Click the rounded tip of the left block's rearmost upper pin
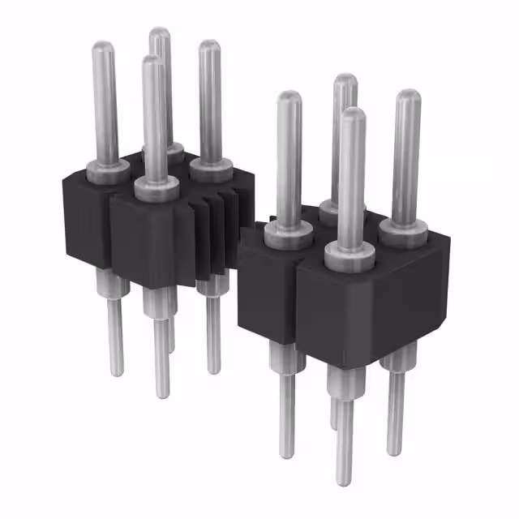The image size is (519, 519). point(160,34)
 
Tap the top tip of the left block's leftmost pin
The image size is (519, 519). point(103,47)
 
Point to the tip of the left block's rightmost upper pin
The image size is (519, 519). point(209,46)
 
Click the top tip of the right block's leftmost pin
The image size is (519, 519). point(289,97)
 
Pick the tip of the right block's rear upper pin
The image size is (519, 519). point(345,79)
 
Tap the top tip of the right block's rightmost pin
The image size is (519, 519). point(408,96)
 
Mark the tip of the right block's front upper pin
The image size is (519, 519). point(353,114)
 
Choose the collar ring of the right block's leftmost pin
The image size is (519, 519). point(289,235)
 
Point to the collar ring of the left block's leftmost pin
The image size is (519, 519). point(107,169)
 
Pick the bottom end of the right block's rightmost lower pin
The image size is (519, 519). point(396,451)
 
